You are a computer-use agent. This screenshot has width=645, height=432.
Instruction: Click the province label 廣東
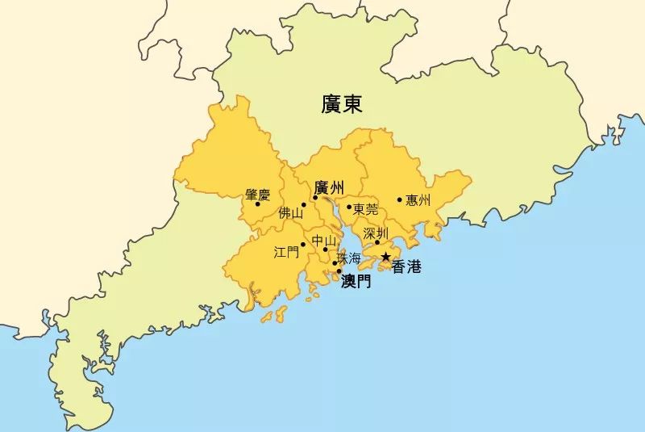click(x=342, y=104)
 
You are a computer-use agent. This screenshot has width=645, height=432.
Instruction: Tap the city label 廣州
click(x=330, y=188)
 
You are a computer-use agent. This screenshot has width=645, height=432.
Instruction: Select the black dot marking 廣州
click(x=315, y=198)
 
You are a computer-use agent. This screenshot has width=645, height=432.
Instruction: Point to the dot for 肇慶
click(x=257, y=203)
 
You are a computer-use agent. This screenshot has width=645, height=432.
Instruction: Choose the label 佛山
click(x=290, y=214)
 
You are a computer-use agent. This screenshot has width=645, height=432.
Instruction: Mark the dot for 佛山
click(x=304, y=205)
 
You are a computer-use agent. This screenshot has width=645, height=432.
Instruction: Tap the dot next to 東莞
click(x=349, y=207)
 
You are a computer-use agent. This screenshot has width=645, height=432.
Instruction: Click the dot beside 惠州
click(x=400, y=199)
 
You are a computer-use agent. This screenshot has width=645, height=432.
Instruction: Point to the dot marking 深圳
click(x=377, y=242)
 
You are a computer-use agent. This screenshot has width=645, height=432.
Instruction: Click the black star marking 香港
click(x=385, y=258)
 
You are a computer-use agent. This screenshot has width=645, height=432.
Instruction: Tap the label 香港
click(x=406, y=268)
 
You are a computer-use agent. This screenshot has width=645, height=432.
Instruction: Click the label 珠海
click(x=349, y=259)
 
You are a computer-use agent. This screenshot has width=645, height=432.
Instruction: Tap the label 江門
click(x=286, y=252)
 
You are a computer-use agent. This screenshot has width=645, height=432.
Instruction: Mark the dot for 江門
click(x=303, y=244)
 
